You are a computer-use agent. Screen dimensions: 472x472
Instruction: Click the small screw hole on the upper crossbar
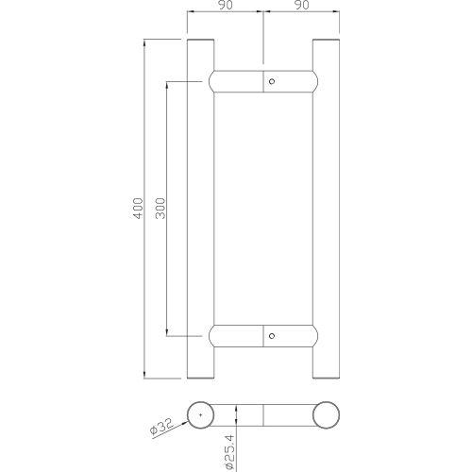[273, 82]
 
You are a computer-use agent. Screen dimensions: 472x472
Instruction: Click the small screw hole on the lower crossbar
[273, 333]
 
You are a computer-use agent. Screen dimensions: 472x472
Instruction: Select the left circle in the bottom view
[200, 415]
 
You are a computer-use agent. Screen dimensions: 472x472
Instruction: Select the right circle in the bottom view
[326, 415]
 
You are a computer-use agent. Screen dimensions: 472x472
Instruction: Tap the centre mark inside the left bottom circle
[200, 415]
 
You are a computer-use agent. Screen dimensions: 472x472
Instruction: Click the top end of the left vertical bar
[200, 43]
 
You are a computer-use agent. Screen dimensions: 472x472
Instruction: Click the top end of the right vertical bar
[326, 43]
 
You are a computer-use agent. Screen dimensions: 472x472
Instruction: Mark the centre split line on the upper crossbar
[262, 82]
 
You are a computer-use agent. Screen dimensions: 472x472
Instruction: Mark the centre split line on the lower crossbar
[262, 333]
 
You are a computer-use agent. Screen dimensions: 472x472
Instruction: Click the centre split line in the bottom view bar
[262, 415]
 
